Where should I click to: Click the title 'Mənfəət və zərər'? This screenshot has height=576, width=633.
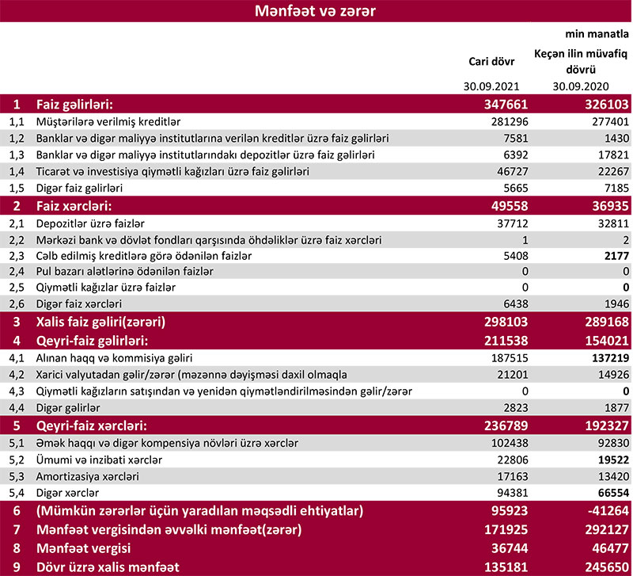tap(316, 12)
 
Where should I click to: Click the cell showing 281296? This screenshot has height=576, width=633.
tap(506, 122)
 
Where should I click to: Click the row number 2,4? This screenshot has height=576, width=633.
tap(17, 272)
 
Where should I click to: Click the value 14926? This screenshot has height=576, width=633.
tap(611, 374)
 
